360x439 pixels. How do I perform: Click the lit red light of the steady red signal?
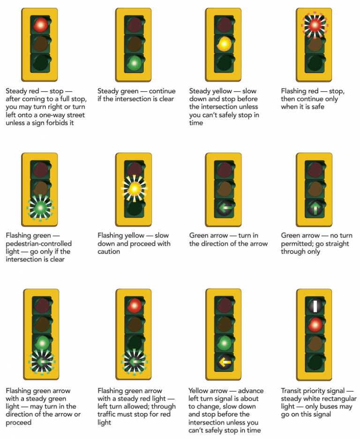pos(40,24)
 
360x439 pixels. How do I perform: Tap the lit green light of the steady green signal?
pos(135,62)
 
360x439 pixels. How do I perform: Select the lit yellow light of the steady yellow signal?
pos(224,44)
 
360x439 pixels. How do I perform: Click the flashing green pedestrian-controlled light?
pos(40,207)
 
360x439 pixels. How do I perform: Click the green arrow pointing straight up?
pos(315,207)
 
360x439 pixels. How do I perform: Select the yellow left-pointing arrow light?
pos(224,362)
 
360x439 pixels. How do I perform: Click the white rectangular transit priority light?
pos(315,306)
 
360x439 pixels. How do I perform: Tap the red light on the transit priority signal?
pos(315,324)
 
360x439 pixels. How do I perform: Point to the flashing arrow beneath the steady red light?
pos(135,362)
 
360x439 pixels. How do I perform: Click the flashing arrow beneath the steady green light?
pos(42,362)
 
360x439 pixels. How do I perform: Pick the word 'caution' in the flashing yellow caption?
pos(109,251)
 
